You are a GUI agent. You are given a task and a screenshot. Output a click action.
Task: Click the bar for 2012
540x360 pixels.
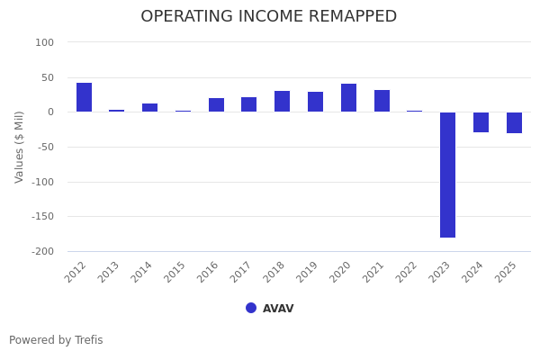click(84, 97)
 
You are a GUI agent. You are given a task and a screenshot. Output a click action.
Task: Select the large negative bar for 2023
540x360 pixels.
click(447, 175)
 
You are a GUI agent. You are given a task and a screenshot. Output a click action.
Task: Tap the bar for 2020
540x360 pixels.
click(348, 98)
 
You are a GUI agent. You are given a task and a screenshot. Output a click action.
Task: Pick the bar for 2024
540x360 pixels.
click(481, 122)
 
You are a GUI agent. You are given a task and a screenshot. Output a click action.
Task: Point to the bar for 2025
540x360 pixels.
click(514, 122)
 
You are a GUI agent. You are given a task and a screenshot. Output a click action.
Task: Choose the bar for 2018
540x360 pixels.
click(283, 102)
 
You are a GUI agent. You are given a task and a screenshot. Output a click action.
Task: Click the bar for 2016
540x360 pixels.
click(216, 105)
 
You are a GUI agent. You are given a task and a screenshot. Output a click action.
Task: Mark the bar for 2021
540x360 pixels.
click(382, 101)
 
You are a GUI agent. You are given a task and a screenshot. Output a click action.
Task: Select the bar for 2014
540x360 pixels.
click(150, 108)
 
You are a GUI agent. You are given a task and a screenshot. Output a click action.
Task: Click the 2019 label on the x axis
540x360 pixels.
click(309, 272)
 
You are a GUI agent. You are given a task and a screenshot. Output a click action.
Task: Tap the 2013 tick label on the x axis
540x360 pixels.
click(110, 272)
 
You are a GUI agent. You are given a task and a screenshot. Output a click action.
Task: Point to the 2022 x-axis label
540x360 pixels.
click(408, 272)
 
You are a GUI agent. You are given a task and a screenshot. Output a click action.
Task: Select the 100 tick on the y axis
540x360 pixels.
click(45, 42)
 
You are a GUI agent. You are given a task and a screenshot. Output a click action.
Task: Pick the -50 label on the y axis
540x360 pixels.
click(44, 147)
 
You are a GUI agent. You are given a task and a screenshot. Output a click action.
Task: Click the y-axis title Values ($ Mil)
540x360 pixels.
click(20, 147)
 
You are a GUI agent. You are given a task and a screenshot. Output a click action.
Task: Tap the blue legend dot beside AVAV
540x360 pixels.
click(251, 308)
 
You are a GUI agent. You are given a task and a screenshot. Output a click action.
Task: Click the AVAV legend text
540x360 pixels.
click(278, 309)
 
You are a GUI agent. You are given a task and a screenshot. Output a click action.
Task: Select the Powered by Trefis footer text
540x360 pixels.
click(56, 340)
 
